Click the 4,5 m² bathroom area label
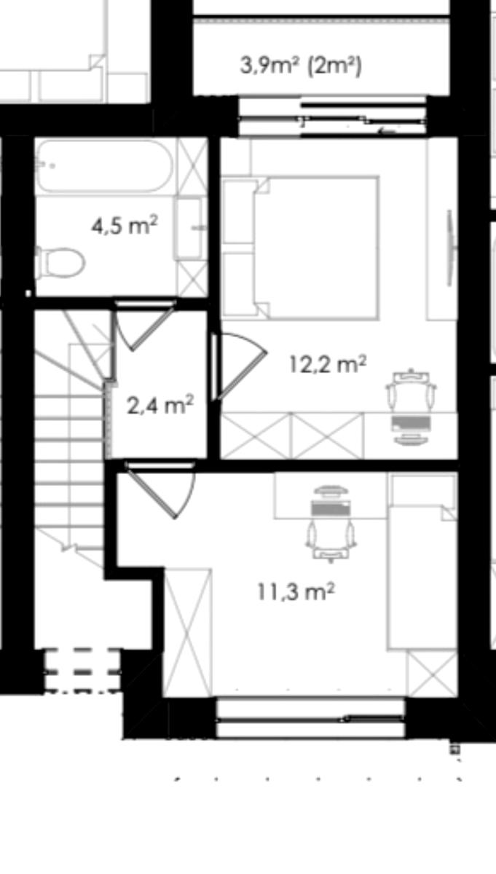(x=125, y=225)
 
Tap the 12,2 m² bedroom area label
(x=328, y=364)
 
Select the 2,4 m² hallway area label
(x=160, y=405)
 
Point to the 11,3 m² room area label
(x=296, y=591)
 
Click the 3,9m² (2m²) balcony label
(x=301, y=65)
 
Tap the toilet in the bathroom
(x=60, y=262)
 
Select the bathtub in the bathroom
(x=105, y=166)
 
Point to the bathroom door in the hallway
(x=145, y=325)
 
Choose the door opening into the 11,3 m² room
(x=161, y=490)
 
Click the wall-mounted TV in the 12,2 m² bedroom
(x=450, y=248)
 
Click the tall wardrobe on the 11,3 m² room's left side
(x=188, y=633)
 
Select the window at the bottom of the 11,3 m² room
(x=310, y=718)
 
